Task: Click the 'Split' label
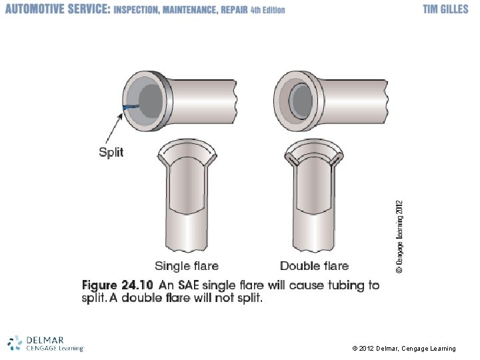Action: [x=111, y=153]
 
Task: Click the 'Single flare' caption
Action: [x=187, y=267]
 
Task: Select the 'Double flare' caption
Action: [x=314, y=267]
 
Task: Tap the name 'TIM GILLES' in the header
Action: [x=446, y=9]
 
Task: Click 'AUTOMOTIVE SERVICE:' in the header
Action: [x=57, y=10]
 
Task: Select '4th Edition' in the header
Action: [x=267, y=10]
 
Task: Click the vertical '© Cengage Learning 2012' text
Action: [x=399, y=237]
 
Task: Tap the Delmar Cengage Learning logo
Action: [x=45, y=343]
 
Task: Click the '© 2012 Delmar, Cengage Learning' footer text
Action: [x=403, y=349]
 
